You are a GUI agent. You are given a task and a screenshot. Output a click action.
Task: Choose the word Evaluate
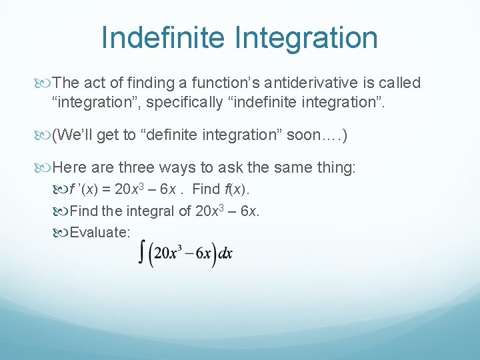tap(100, 232)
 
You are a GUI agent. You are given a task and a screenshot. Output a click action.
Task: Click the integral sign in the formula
tap(142, 254)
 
